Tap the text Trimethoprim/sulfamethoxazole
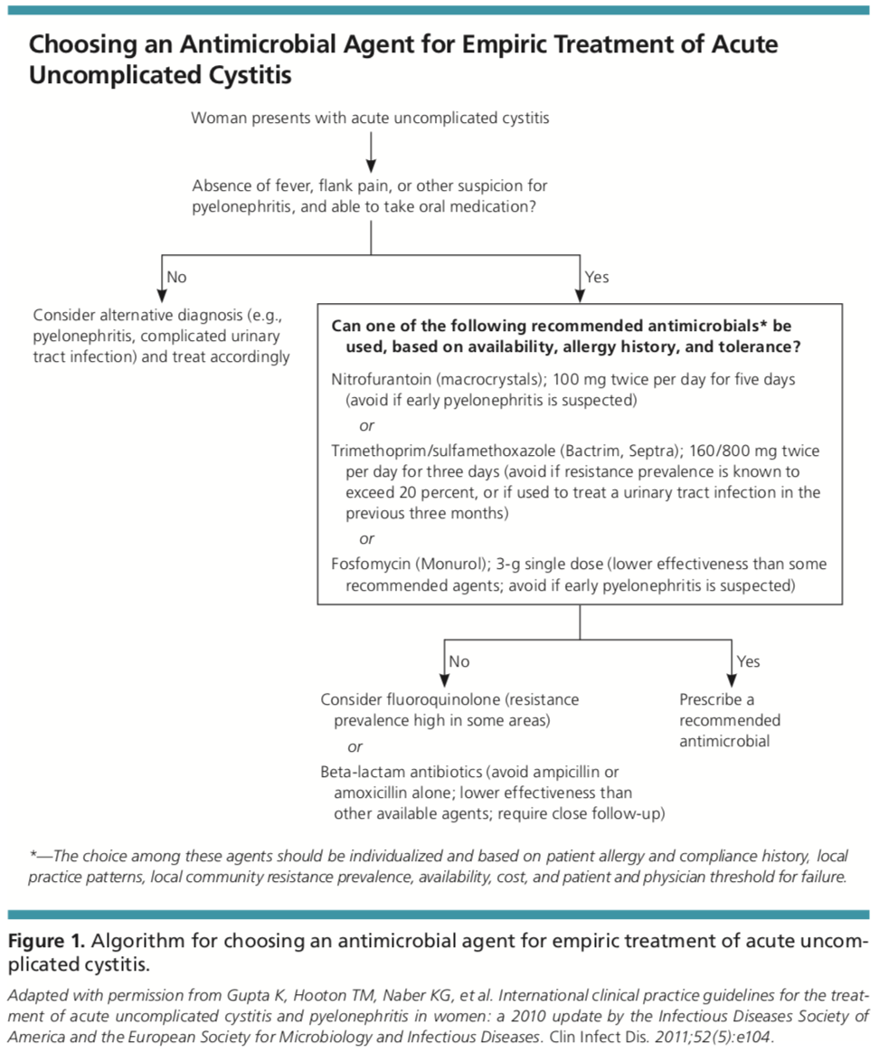point(443,451)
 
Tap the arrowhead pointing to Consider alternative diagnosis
point(161,296)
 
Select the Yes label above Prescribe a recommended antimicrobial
point(748,661)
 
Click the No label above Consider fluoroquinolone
point(459,661)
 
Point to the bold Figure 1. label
point(46,941)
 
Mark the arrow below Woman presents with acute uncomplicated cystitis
point(371,153)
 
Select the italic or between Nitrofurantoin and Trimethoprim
point(366,426)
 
